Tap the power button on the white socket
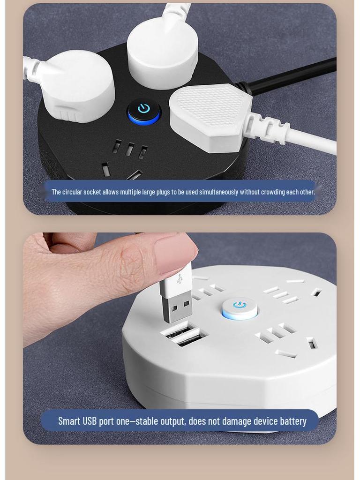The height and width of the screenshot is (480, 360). click(x=240, y=307)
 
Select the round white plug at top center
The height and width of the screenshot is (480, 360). click(x=162, y=52)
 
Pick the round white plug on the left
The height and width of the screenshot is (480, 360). click(x=79, y=86)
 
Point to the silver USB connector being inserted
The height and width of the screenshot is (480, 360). click(x=176, y=307)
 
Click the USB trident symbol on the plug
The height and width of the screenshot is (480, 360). click(x=179, y=279)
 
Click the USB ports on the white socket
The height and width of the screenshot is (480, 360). click(x=184, y=335)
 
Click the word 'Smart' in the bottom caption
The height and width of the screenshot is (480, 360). click(x=69, y=421)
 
